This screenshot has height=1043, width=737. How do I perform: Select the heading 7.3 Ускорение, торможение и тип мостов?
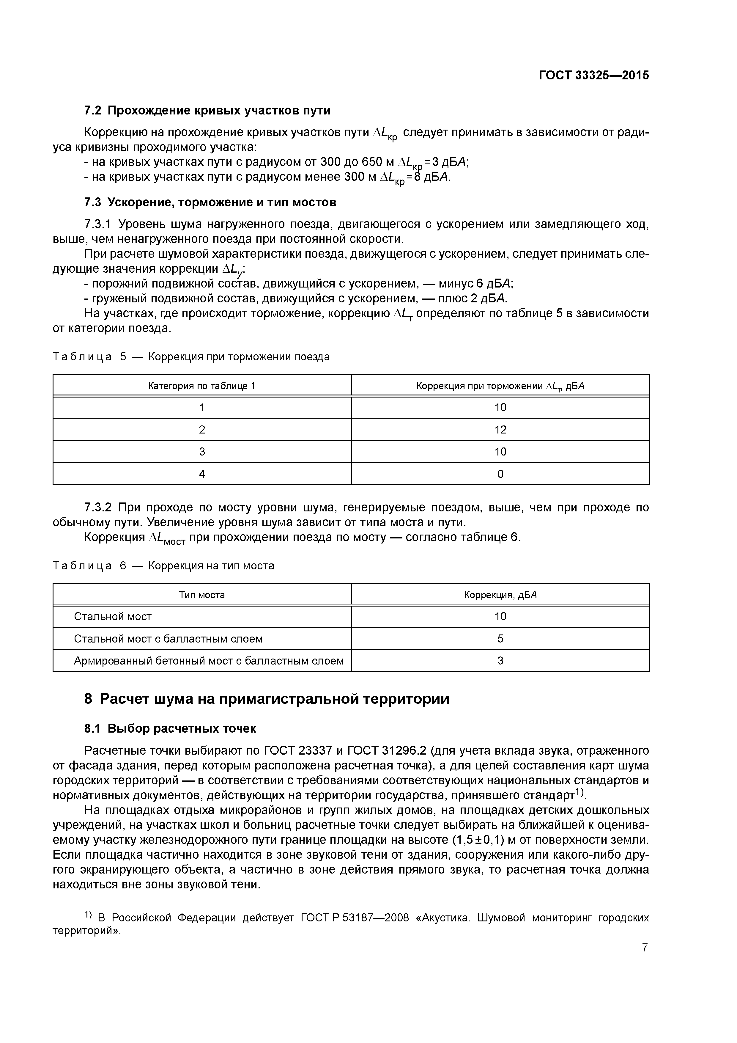(210, 202)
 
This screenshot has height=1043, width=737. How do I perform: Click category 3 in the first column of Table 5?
(202, 452)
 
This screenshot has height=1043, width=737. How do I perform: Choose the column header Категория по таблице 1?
(202, 386)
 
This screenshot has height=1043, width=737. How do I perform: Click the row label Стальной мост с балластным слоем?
(168, 639)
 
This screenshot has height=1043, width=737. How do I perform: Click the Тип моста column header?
(202, 595)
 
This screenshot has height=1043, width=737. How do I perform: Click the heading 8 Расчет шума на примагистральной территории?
(267, 699)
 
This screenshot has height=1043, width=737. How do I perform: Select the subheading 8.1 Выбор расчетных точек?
(170, 729)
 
